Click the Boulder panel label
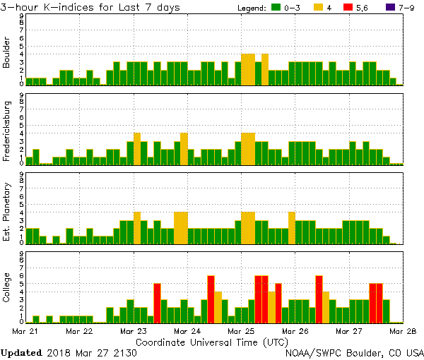(7, 53)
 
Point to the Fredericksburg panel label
(7, 132)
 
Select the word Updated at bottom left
(24, 352)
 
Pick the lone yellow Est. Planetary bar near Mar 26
(291, 227)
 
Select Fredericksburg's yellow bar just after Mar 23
(137, 148)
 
